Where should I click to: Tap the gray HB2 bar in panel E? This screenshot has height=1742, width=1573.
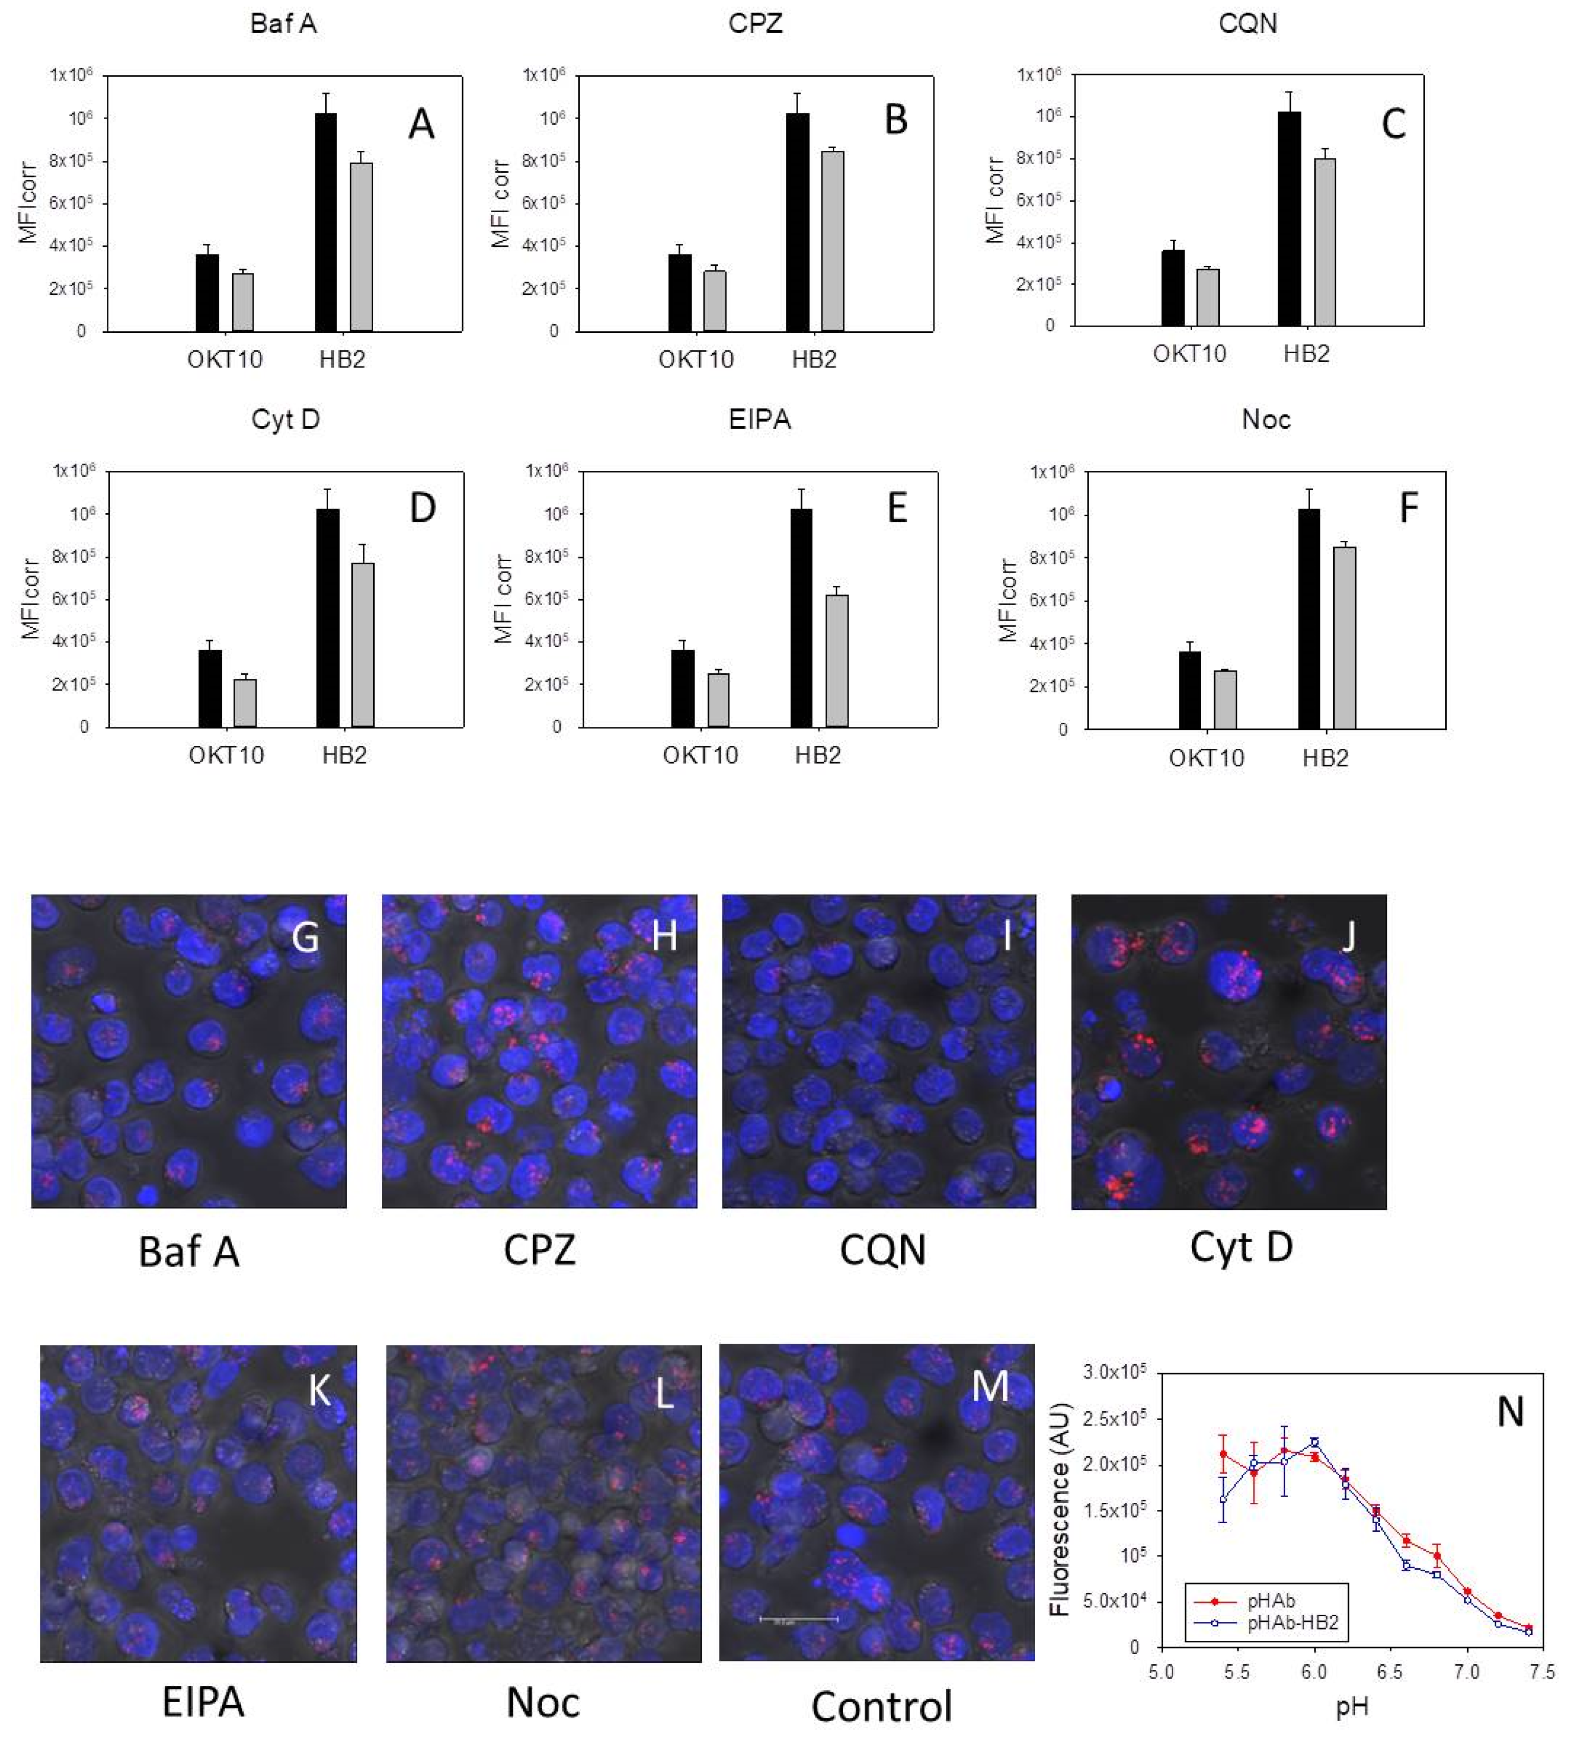click(x=837, y=661)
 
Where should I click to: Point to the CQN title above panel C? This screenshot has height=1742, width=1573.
click(x=1247, y=24)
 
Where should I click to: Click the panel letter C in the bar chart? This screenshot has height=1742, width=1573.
click(x=1393, y=124)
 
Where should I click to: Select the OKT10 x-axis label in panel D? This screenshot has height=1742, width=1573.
click(x=226, y=755)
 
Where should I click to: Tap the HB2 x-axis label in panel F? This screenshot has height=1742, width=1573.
click(x=1325, y=758)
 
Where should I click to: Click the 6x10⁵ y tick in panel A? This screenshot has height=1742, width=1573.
click(x=71, y=202)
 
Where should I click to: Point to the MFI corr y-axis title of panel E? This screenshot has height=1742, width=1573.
click(x=503, y=599)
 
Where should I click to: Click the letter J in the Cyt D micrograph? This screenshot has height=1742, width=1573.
click(x=1348, y=936)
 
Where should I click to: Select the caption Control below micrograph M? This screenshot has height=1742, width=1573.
click(x=881, y=1707)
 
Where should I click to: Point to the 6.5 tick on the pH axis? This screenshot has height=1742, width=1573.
click(x=1390, y=1672)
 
